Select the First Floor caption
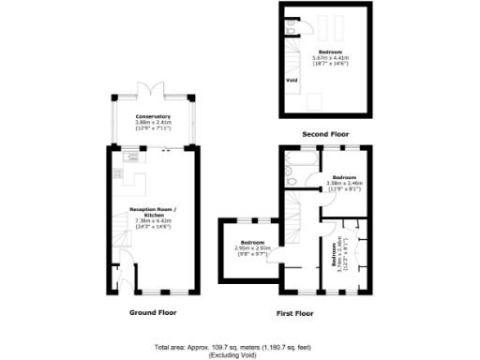click(295, 313)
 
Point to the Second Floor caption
click(323, 134)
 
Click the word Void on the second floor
click(292, 80)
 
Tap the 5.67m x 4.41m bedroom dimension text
click(329, 59)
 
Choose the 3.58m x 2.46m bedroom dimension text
click(343, 183)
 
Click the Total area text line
click(238, 346)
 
